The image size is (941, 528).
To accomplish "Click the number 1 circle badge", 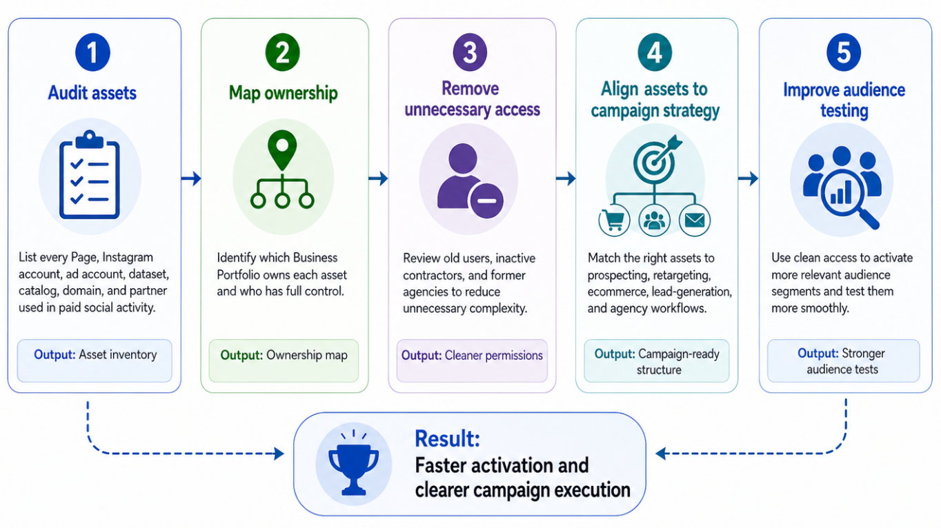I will coord(92,54).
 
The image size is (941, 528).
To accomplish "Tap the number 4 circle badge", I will coord(655,54).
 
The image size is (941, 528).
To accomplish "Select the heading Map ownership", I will coord(283,92).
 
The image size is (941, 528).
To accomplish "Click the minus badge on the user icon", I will coord(486,201).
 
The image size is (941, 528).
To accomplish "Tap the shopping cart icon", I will coord(613,220).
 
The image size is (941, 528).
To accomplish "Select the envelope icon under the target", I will coord(694,220).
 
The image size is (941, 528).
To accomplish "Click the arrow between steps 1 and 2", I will coord(191,179).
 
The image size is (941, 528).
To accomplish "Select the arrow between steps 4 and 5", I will coord(748,179).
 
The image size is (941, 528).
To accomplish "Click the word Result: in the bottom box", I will coord(447,438).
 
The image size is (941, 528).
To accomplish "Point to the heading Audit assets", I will coord(92,92).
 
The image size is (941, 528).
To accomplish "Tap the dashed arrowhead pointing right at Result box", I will coord(279,454).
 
